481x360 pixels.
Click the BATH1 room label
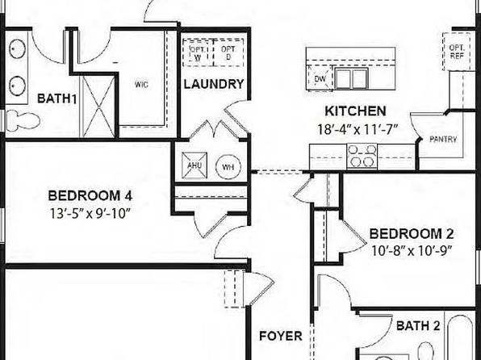click(x=56, y=98)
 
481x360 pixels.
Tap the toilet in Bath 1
click(x=23, y=120)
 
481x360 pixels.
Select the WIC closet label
click(x=141, y=84)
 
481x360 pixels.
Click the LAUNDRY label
click(x=214, y=84)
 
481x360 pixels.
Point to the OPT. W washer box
click(x=198, y=52)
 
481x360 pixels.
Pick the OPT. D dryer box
click(x=228, y=52)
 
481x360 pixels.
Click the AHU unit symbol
click(x=194, y=165)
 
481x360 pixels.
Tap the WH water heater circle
click(x=228, y=167)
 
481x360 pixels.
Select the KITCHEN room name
click(x=356, y=111)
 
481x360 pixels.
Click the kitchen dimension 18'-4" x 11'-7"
click(x=358, y=129)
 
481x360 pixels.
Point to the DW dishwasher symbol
click(x=320, y=78)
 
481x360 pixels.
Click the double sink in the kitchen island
click(x=352, y=78)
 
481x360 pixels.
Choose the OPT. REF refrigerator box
click(x=457, y=52)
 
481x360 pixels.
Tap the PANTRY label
click(x=443, y=140)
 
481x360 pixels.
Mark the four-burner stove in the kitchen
click(x=362, y=157)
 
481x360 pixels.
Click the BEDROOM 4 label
click(x=90, y=196)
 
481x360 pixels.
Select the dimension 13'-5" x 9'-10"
click(x=90, y=214)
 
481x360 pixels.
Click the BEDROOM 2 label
click(x=412, y=234)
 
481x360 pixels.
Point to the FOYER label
click(x=281, y=336)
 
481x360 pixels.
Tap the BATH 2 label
click(x=418, y=325)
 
